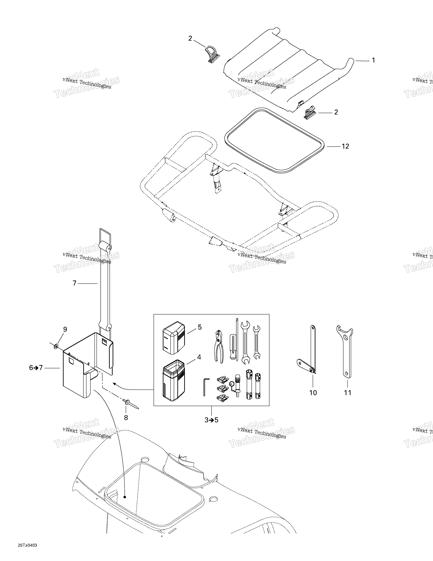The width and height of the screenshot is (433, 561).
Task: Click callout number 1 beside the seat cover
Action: click(x=374, y=60)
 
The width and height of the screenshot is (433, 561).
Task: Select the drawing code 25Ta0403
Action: click(x=28, y=550)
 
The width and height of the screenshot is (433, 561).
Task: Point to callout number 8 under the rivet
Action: click(x=126, y=418)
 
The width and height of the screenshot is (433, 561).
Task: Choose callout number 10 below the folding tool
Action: click(x=313, y=393)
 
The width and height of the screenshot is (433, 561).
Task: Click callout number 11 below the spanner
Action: click(x=348, y=393)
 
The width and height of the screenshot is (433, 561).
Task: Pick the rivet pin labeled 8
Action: click(x=131, y=404)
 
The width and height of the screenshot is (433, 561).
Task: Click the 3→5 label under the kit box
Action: click(x=211, y=420)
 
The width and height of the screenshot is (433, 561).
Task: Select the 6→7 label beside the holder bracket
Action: click(x=36, y=368)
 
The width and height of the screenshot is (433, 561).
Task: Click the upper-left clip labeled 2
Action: click(x=212, y=54)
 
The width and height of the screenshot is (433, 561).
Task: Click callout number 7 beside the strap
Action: click(x=75, y=283)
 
